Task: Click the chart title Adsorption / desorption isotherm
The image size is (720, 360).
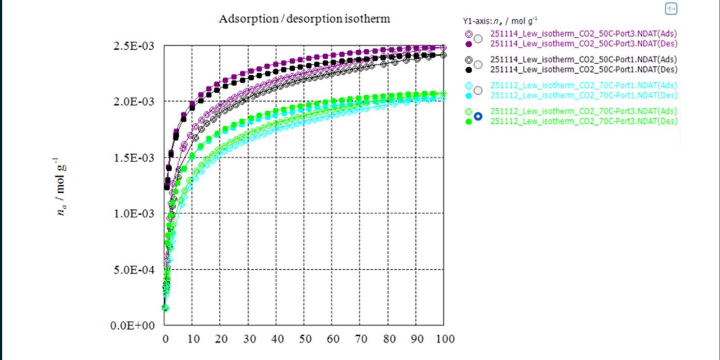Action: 304,19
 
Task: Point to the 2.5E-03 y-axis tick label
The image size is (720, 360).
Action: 134,46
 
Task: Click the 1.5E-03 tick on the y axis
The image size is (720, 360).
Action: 134,158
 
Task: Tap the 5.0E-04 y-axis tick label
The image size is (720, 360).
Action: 134,270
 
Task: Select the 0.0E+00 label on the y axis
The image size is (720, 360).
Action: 134,326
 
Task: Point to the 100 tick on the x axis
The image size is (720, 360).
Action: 444,339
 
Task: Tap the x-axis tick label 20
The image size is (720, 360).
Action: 221,339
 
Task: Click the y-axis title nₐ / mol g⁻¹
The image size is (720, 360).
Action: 62,186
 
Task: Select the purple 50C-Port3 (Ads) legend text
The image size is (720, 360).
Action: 584,34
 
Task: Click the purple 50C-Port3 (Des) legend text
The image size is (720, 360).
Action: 584,43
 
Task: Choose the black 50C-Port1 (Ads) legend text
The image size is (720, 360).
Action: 584,59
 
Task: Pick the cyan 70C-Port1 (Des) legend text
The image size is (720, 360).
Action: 584,95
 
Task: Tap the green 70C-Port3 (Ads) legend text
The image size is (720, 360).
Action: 584,111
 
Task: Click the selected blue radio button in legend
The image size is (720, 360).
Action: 478,116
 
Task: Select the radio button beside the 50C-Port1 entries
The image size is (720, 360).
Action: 478,65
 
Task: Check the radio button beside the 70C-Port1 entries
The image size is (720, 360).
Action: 478,90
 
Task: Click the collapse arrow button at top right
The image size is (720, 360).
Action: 671,9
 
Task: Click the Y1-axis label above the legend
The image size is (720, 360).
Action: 500,21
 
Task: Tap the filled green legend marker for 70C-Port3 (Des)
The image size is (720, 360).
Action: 468,122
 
